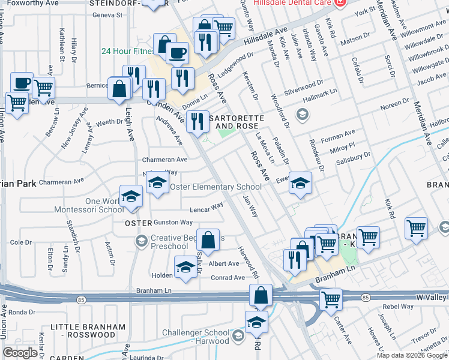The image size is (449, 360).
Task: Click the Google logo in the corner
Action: click(x=20, y=353)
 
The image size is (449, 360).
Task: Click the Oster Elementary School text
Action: click(x=216, y=187)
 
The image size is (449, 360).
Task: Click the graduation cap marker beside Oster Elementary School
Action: click(x=157, y=183)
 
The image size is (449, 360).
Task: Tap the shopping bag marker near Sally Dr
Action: click(x=207, y=241)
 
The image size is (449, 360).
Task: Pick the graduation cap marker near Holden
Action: click(x=185, y=268)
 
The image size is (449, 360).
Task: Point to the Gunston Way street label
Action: click(x=173, y=223)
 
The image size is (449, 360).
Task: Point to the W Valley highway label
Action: click(x=432, y=298)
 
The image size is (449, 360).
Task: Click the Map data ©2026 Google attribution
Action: click(x=412, y=355)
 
